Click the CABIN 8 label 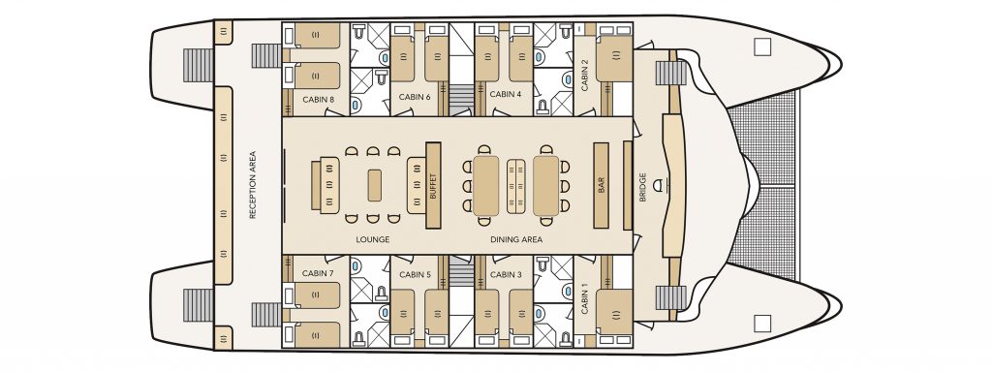pos(318,100)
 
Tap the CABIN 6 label pos(415,97)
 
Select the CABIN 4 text pos(506,94)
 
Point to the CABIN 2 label pos(584,75)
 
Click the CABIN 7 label pos(318,273)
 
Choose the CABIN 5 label pos(415,274)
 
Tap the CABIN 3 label pos(506,274)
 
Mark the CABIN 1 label pos(584,299)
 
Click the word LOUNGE pos(373,240)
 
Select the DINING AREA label pos(516,240)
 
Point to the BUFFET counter pos(433,185)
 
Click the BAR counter pos(601,185)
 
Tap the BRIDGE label pos(643,187)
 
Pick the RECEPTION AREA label pos(253,185)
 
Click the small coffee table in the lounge pos(375,185)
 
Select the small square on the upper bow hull pos(763,46)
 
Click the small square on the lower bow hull pos(763,324)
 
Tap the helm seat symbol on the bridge pos(662,185)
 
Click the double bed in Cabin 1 pos(614,312)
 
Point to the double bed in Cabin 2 pos(614,59)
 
